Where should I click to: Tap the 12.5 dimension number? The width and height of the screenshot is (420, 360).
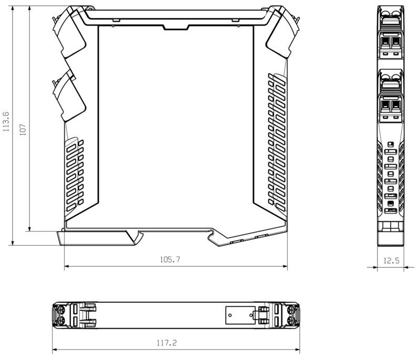pos(391,260)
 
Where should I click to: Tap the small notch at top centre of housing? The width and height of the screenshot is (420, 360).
pos(176,26)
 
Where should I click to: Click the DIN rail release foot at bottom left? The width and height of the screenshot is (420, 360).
pos(97,238)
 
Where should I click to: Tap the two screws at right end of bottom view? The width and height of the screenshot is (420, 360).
pos(290,315)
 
